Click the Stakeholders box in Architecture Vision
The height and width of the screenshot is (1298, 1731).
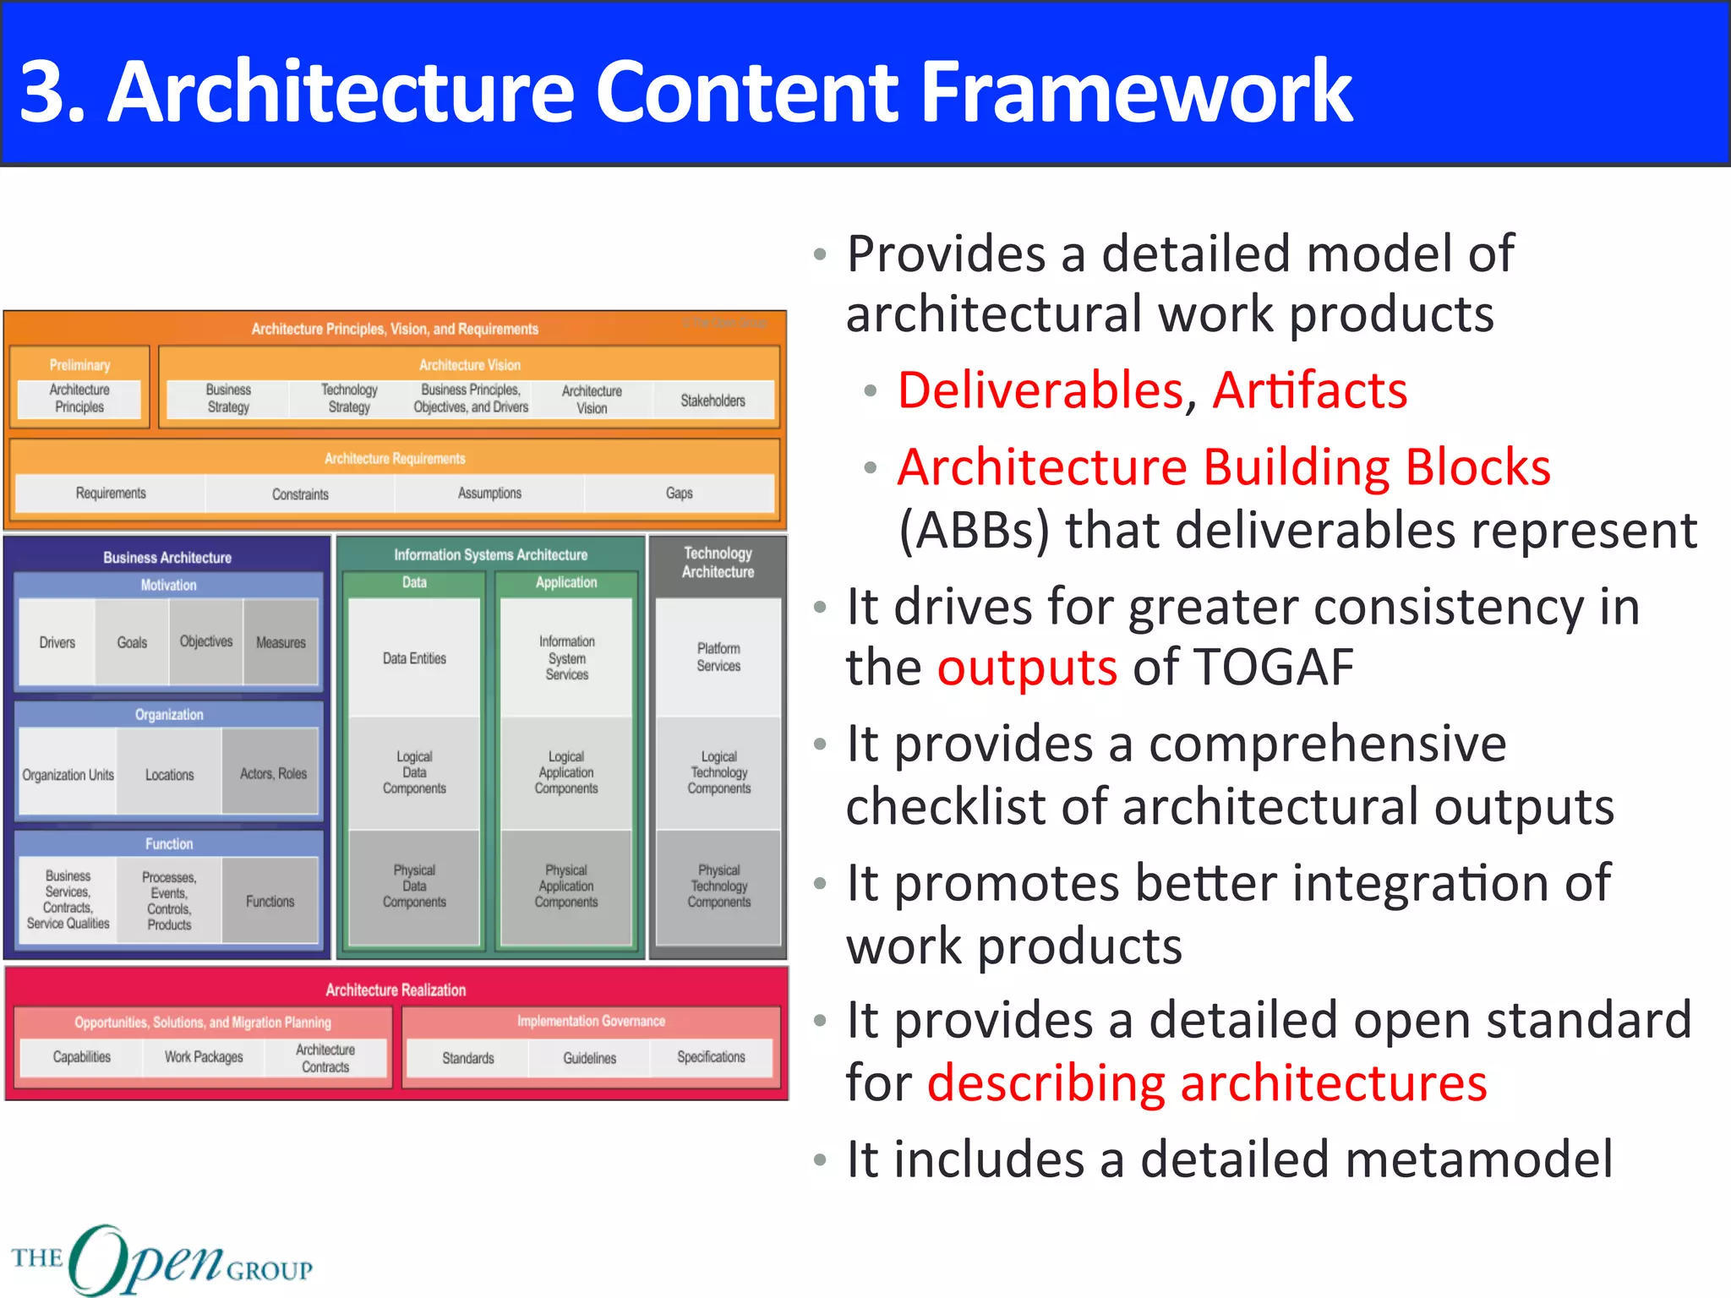coord(713,401)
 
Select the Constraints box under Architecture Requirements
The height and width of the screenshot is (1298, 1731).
coord(300,494)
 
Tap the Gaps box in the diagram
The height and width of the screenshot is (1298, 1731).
coord(679,494)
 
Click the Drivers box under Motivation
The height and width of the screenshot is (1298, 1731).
coord(57,643)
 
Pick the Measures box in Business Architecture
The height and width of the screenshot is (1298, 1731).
coord(281,643)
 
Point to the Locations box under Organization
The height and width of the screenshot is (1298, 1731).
coord(169,775)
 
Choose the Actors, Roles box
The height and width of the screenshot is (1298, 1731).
coord(273,774)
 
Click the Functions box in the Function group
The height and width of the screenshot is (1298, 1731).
coord(270,902)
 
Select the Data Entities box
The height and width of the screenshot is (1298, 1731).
coord(414,658)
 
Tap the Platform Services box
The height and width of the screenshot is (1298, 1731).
coord(718,657)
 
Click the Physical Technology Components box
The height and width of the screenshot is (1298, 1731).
coord(718,886)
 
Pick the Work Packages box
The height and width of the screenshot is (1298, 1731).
coord(204,1057)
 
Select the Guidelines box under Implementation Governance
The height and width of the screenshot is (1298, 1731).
coord(589,1058)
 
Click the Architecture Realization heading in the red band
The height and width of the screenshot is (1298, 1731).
coord(396,990)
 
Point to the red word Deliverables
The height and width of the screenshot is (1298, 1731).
coord(1040,390)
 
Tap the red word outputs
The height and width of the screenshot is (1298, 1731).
coord(1026,668)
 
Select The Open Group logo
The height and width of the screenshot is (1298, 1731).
coord(161,1260)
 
